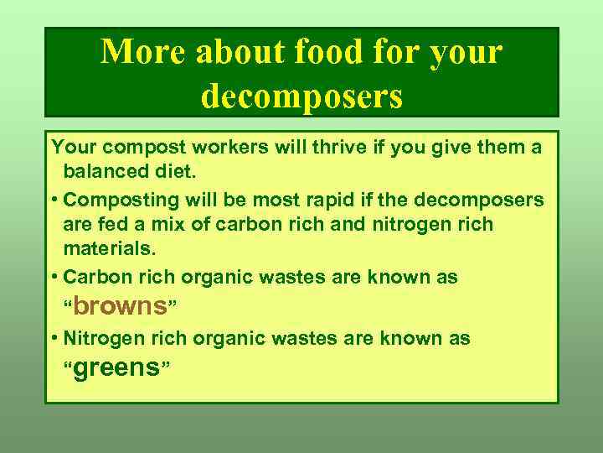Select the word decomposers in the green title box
[x=301, y=95]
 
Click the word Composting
[x=121, y=200]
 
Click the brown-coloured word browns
[x=121, y=306]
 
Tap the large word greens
[x=116, y=367]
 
